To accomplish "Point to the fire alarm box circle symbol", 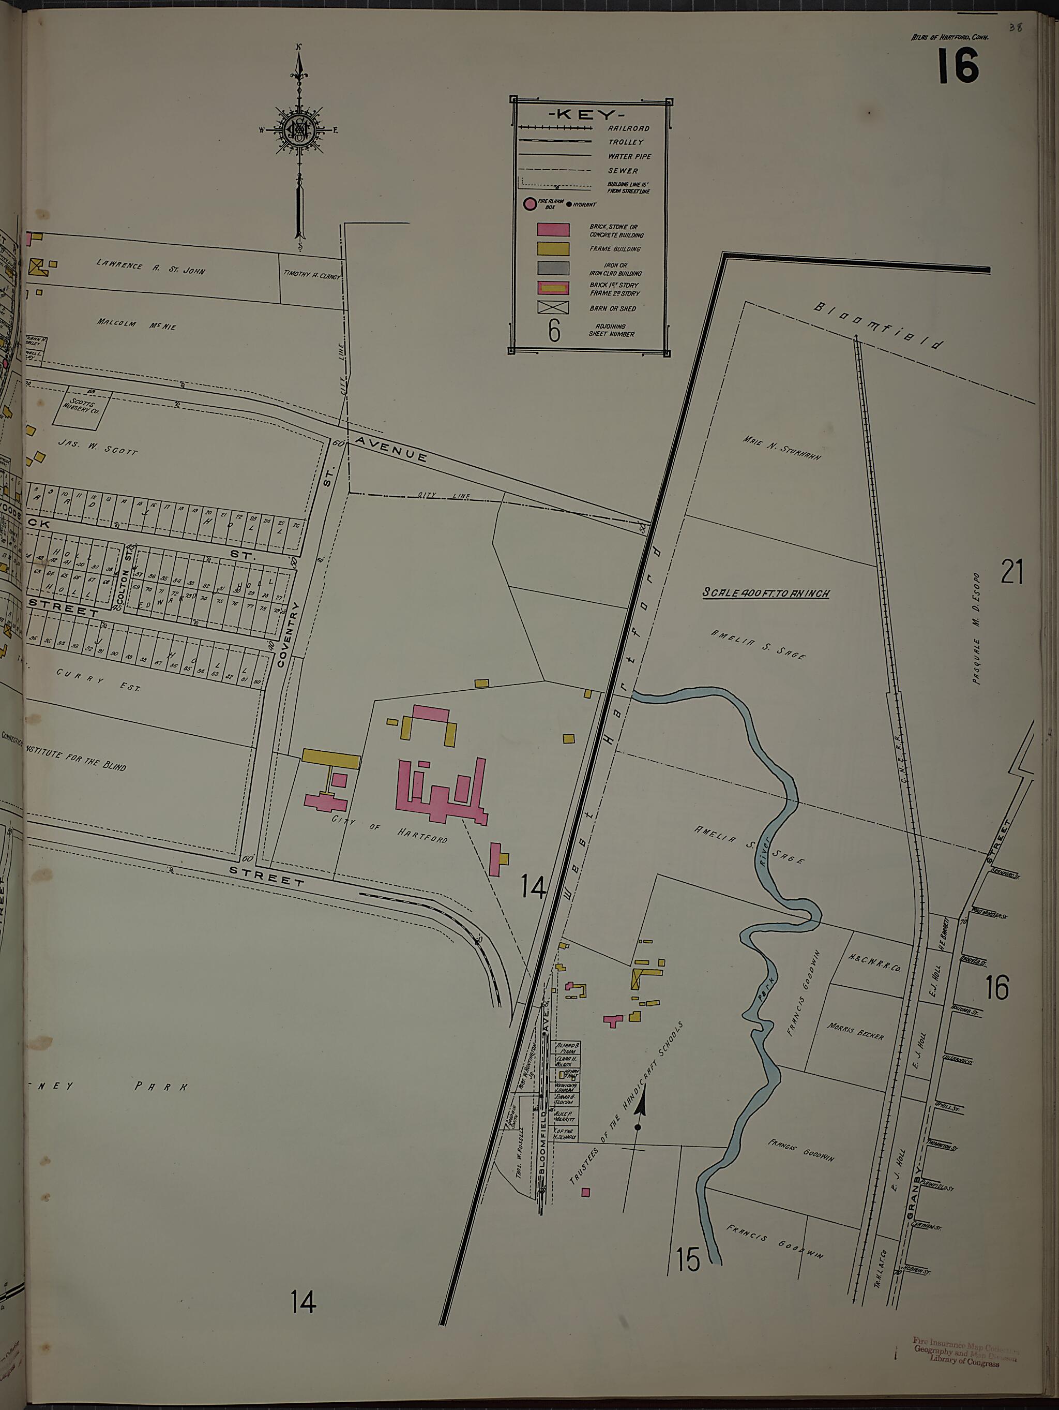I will (529, 204).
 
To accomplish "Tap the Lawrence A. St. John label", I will (151, 267).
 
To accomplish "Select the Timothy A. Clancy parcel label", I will (312, 275).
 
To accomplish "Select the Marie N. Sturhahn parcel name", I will (782, 448).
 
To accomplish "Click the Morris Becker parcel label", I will (856, 1031).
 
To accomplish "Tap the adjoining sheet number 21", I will (1011, 572).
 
